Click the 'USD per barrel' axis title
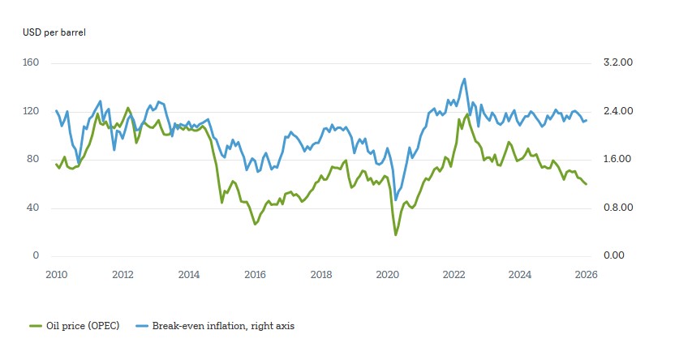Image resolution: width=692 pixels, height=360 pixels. [x=53, y=32]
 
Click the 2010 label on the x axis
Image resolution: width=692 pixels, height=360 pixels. [x=57, y=274]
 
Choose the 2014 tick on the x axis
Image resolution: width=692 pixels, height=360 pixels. [x=189, y=274]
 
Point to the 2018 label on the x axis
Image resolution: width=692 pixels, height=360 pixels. [x=322, y=274]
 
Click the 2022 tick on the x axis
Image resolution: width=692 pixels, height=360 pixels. [x=454, y=274]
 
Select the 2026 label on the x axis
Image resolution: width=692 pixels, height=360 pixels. [x=587, y=274]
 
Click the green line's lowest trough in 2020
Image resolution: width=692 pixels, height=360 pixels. [x=396, y=235]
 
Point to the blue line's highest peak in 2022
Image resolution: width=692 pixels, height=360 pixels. [x=464, y=79]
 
